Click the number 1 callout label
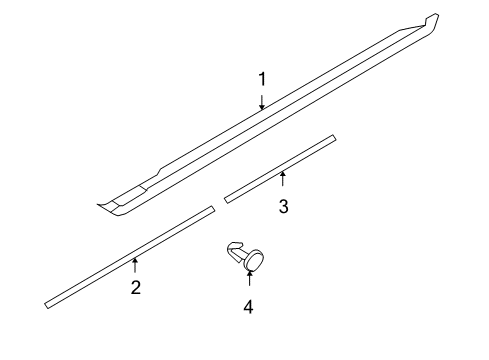point(262,79)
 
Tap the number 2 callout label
point(135,288)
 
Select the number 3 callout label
point(283,206)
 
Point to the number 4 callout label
point(248,306)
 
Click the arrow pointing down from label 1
point(262,100)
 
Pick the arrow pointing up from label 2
point(135,265)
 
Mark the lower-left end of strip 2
point(48,303)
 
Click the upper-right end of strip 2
point(212,210)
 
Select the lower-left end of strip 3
point(227,198)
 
